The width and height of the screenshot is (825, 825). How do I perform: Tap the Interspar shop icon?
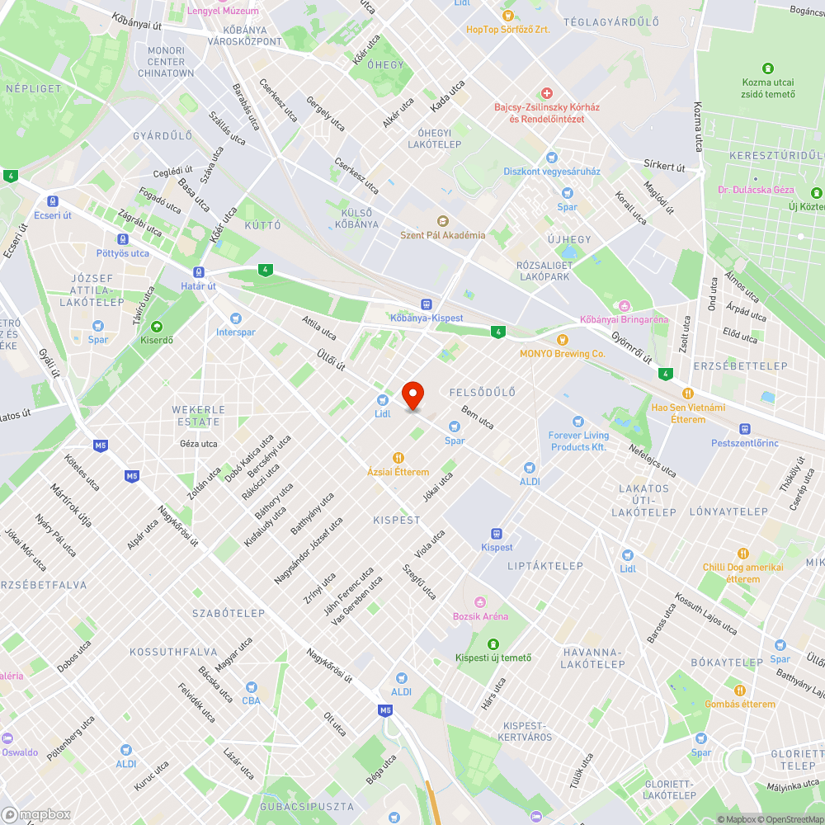click(x=237, y=318)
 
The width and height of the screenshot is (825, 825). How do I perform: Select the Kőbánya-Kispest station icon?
click(x=427, y=304)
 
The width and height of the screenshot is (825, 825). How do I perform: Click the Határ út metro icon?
click(x=199, y=272)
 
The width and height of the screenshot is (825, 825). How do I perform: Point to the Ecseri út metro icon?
click(x=53, y=200)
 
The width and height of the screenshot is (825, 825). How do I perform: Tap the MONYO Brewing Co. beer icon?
click(x=563, y=339)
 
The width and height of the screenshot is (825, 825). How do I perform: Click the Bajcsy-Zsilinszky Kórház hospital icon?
click(x=545, y=93)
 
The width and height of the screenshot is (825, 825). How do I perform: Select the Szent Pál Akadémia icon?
click(x=442, y=221)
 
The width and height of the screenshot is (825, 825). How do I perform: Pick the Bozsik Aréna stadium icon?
click(x=480, y=601)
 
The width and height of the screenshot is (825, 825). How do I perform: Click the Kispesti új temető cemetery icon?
click(x=493, y=643)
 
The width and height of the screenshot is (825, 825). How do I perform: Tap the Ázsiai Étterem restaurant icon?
click(x=398, y=458)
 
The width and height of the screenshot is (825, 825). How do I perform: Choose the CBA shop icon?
click(x=251, y=687)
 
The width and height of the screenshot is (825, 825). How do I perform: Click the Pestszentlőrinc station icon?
click(x=744, y=429)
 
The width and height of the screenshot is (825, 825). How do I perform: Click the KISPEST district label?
click(x=397, y=521)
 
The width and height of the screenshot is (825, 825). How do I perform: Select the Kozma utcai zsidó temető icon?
click(x=768, y=68)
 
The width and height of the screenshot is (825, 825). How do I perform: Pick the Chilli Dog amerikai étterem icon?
click(x=743, y=554)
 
